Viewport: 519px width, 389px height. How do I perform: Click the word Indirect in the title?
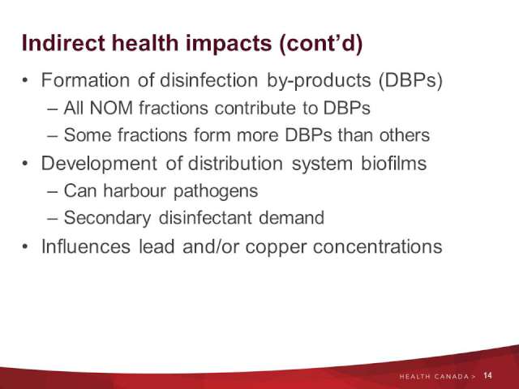click(63, 43)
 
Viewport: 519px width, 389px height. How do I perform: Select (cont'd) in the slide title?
click(321, 44)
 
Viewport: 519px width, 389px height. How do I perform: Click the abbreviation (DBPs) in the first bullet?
click(410, 80)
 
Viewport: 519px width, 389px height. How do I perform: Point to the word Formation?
click(85, 80)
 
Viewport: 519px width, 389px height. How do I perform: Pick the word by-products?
click(319, 81)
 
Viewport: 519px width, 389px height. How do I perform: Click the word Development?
click(99, 164)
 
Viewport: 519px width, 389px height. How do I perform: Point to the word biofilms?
click(393, 163)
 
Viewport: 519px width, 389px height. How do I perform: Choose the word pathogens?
click(216, 192)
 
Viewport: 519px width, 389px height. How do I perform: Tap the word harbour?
click(135, 190)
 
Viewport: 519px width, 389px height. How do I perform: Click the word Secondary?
click(107, 218)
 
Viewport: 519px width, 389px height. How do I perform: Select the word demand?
click(291, 218)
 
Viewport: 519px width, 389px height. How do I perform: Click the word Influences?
click(86, 246)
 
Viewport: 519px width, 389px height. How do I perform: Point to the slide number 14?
click(487, 375)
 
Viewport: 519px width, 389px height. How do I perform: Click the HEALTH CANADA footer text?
click(437, 376)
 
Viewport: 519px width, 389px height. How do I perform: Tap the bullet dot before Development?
click(25, 163)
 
